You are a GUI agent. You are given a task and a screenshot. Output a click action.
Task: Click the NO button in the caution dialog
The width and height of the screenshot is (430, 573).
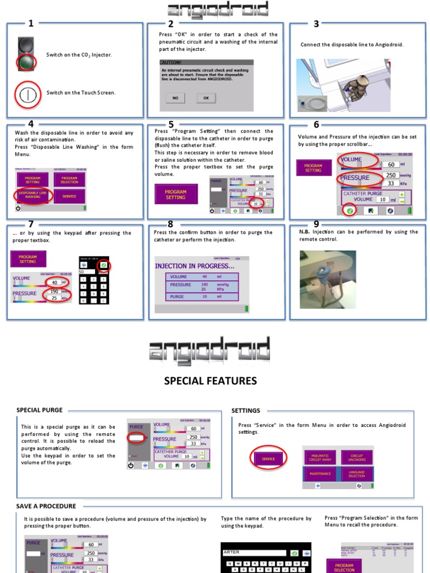coord(175,98)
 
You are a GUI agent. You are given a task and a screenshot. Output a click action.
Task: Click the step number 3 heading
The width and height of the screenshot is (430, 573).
coord(316,24)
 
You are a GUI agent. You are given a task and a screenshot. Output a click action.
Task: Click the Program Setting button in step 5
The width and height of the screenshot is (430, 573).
coord(175,194)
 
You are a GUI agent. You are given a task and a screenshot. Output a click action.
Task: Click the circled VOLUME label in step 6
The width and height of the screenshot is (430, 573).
coord(357,159)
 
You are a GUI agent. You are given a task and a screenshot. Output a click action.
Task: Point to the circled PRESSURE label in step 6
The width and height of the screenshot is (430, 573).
coord(356,178)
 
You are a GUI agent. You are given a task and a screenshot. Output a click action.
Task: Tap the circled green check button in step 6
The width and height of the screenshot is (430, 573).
coord(349,211)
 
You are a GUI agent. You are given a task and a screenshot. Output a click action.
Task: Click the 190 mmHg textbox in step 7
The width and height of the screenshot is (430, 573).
coord(54,291)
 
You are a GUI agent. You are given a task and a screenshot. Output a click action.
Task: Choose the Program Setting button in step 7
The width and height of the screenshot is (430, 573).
coord(27,259)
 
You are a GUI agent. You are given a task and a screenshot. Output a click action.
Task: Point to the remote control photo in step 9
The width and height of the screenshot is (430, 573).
coord(328,279)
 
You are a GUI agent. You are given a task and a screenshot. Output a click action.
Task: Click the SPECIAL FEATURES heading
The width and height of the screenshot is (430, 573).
coord(210,381)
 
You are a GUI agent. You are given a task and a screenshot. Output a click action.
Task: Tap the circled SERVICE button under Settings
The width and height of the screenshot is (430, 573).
coord(268,459)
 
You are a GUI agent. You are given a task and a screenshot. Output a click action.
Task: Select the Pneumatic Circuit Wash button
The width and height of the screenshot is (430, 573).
coord(321,457)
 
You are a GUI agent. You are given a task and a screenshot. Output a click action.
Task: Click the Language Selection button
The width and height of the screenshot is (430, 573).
coord(357,474)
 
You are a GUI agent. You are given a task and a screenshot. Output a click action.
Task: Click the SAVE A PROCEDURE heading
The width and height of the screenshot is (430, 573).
coord(46,506)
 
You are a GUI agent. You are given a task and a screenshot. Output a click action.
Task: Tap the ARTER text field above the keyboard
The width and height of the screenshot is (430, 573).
coord(254,552)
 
